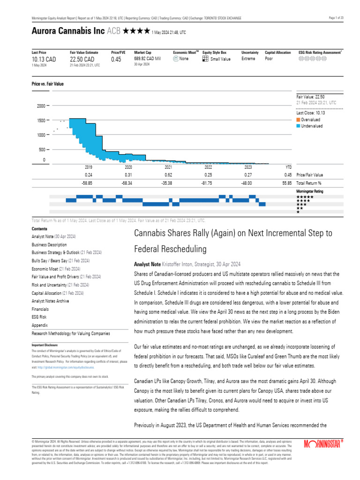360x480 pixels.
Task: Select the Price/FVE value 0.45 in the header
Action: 116,60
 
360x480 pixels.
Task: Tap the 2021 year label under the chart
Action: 168,167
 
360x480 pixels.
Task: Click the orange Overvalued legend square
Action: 299,120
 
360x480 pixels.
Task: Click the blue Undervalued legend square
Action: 299,126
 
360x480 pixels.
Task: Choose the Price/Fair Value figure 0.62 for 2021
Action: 168,175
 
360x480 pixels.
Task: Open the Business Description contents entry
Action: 49,245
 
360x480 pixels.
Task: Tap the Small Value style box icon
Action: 205,59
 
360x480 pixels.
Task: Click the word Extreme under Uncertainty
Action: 248,59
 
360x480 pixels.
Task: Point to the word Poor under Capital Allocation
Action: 270,59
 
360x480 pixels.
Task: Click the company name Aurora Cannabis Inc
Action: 68,31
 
